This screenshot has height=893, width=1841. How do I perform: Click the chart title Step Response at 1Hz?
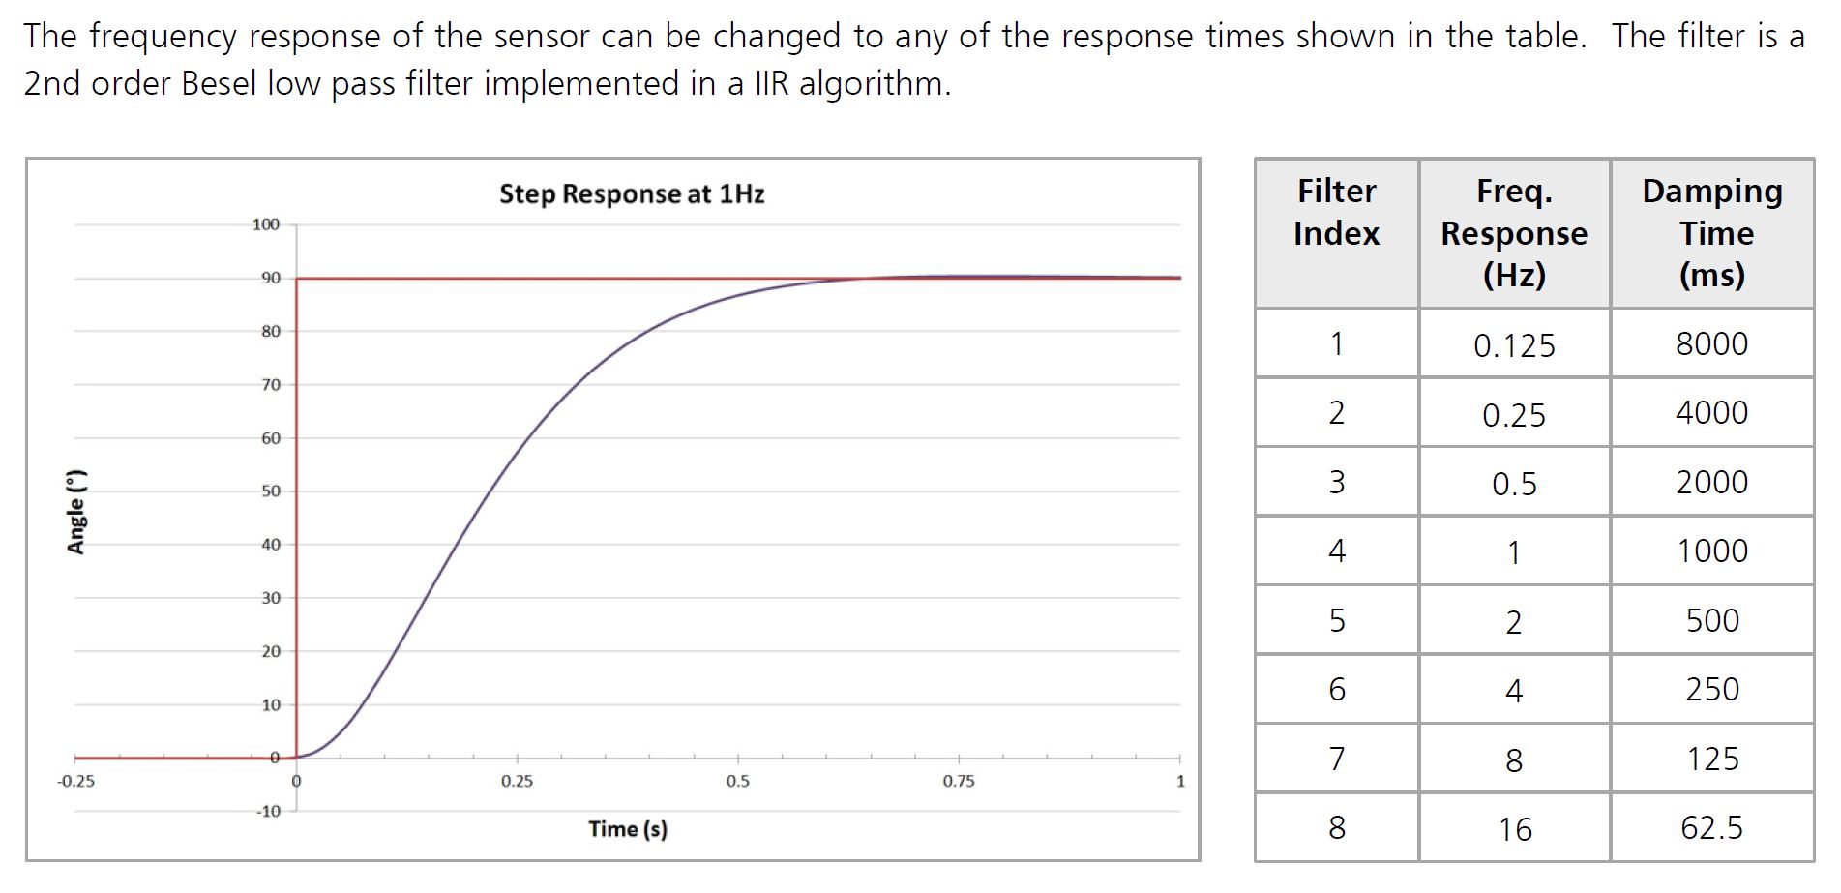[632, 194]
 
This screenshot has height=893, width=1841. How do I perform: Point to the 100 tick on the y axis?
[265, 224]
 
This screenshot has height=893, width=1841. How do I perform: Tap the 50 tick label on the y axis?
[271, 491]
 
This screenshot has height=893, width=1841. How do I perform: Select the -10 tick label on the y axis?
[268, 811]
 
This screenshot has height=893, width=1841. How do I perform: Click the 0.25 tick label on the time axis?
[517, 782]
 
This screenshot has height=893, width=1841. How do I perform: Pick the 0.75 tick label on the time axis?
[959, 782]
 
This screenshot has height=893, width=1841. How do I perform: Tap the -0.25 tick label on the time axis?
[76, 782]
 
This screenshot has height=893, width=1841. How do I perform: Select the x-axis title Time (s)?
[628, 829]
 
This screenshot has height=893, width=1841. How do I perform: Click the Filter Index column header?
[1336, 212]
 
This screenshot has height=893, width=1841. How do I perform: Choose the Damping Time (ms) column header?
[1712, 233]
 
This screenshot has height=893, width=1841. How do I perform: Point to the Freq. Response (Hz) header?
[1514, 233]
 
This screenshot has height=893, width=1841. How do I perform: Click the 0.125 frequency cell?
[1514, 345]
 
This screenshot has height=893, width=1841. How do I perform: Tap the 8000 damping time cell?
[1712, 343]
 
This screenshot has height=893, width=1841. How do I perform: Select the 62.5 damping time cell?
[1712, 828]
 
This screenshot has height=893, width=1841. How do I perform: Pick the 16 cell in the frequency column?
[1515, 829]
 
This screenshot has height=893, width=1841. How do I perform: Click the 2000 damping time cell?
[1712, 482]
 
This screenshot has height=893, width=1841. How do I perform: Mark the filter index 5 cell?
[1337, 620]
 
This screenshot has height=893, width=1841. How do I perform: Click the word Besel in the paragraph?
[219, 84]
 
